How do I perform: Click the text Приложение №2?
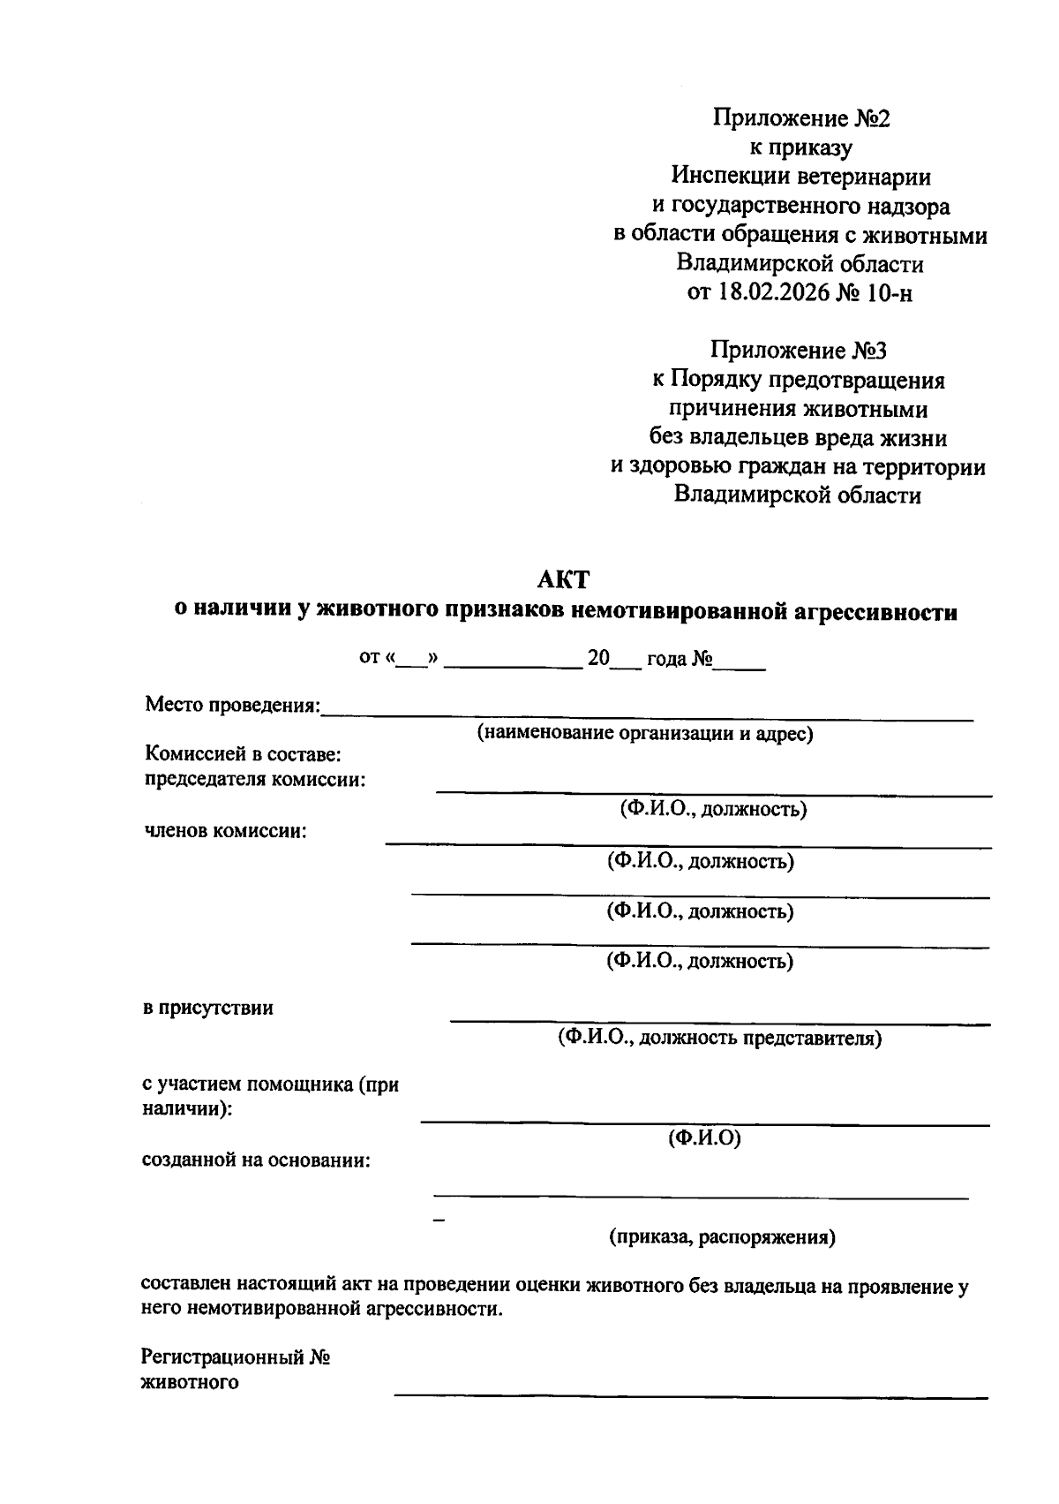point(801,118)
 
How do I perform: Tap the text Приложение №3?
point(799,351)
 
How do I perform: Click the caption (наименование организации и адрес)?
point(645,733)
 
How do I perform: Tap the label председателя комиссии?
point(255,780)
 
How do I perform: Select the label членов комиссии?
point(225,831)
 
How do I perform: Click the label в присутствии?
point(208,1008)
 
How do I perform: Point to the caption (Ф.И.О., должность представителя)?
point(718,1038)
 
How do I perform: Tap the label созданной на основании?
point(257,1160)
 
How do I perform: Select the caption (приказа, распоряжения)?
point(722,1236)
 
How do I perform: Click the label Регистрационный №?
point(236,1357)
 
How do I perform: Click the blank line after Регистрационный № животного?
point(690,1396)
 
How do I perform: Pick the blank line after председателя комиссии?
point(713,794)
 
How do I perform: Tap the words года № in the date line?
point(679,659)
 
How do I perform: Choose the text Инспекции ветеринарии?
point(800,177)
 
